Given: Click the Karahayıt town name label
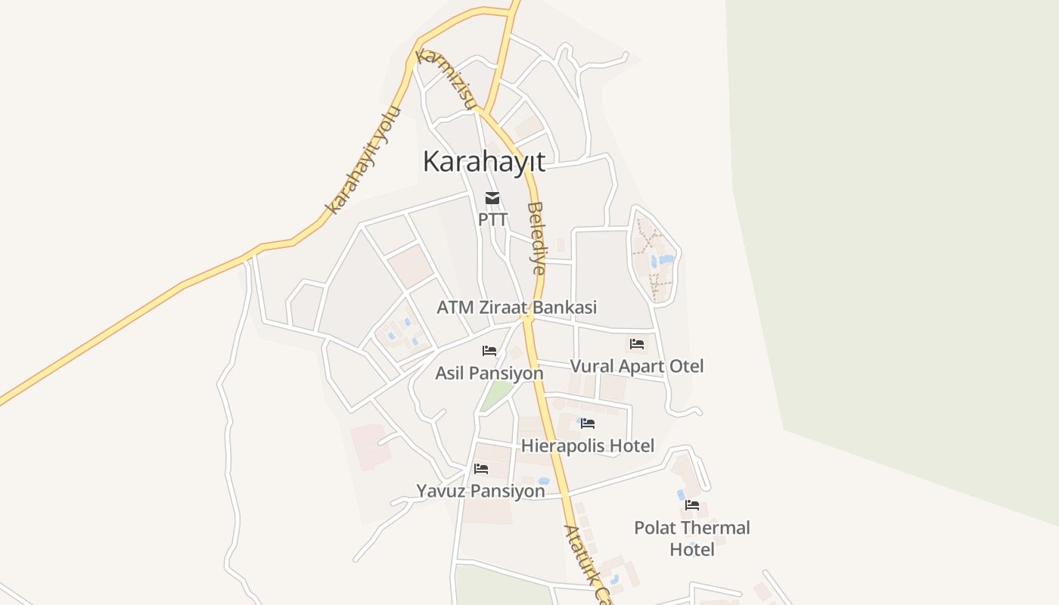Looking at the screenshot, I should tap(483, 161).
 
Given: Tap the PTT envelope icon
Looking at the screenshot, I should tap(492, 199).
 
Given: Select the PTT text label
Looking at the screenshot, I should tap(492, 219).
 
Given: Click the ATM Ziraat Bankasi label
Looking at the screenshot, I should tap(517, 308).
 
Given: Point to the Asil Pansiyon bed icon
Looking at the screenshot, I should tap(489, 351).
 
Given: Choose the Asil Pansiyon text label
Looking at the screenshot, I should tap(489, 373).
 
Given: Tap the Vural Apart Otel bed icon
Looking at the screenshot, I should tap(637, 344).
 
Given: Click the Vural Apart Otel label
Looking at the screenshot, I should tap(636, 367).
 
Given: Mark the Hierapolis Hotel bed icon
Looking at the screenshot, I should tap(588, 423).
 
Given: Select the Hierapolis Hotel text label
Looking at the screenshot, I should tap(588, 446).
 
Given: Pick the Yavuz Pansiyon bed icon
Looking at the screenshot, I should tap(481, 469).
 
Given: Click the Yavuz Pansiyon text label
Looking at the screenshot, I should tap(480, 492).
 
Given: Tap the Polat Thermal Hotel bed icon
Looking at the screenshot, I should tap(692, 505).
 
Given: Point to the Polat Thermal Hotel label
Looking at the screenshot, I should tap(692, 538).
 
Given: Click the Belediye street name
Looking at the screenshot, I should tap(536, 237).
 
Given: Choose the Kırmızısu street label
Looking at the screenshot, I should tap(446, 79).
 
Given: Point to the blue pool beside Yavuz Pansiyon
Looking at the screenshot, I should tap(543, 481).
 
